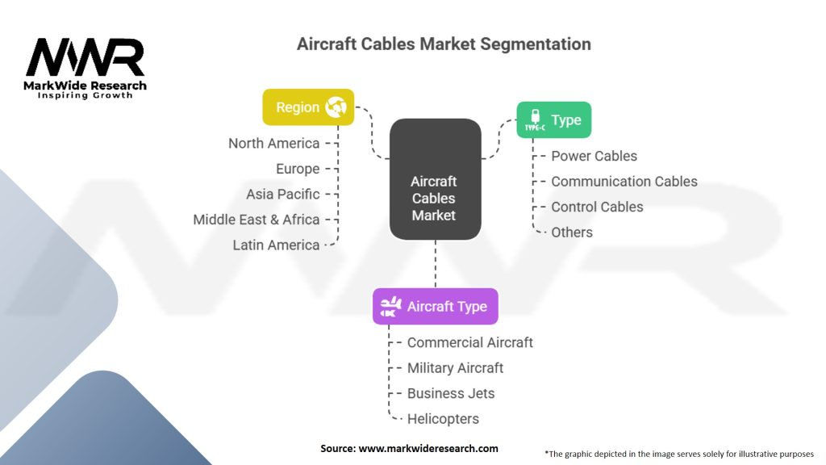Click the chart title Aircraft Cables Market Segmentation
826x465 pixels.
(444, 44)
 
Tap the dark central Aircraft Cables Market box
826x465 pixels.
(435, 179)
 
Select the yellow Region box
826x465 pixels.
(308, 107)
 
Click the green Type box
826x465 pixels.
(554, 119)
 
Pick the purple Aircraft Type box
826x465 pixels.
(435, 307)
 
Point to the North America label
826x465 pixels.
(273, 144)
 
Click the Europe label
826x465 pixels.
(298, 169)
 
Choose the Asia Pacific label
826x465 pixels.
(282, 195)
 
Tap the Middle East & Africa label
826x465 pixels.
(257, 220)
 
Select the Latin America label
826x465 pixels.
(276, 245)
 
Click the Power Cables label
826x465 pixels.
(594, 157)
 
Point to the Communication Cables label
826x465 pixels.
(624, 182)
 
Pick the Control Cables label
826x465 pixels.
(597, 207)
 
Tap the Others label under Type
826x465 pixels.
(572, 232)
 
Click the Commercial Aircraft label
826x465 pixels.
(469, 343)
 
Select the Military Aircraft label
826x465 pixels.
(455, 368)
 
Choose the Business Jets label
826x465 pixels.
(451, 394)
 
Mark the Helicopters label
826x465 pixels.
(443, 419)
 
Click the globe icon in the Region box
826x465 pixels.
(336, 107)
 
